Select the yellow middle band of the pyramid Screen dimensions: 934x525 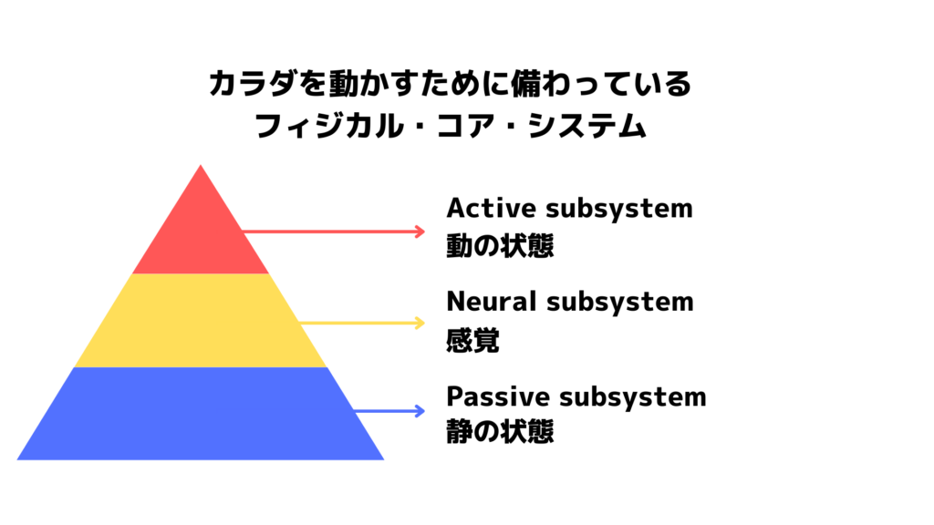(x=201, y=320)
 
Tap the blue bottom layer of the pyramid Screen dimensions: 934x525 (x=201, y=413)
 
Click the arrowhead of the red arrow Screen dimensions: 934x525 (x=420, y=231)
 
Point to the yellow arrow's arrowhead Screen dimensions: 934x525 (x=420, y=323)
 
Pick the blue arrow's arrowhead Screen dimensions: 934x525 (x=420, y=411)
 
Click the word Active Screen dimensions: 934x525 (x=492, y=209)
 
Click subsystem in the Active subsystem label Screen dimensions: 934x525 (x=619, y=210)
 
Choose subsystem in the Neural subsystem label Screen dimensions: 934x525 (x=620, y=303)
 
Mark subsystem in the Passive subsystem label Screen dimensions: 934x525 (x=633, y=398)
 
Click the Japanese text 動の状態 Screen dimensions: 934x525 (x=501, y=245)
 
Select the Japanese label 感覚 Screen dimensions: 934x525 (x=473, y=340)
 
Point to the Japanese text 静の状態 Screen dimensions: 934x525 (x=501, y=431)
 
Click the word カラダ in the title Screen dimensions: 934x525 (x=253, y=83)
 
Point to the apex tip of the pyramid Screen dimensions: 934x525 (x=201, y=166)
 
